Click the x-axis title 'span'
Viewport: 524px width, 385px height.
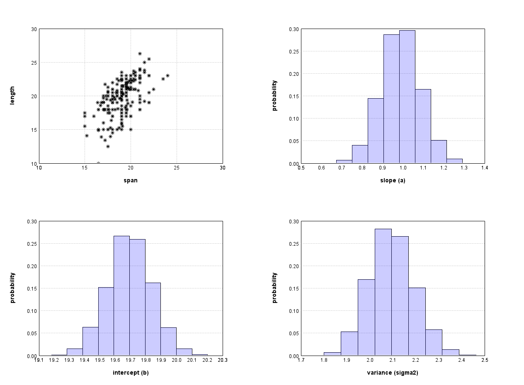click(x=131, y=180)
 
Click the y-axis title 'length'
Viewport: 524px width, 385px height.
click(x=12, y=96)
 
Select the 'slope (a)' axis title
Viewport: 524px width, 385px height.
click(x=393, y=180)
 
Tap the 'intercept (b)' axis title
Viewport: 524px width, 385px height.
click(x=131, y=373)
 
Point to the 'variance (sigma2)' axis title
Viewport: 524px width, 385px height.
click(x=393, y=373)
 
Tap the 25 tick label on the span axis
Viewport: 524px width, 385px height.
click(x=177, y=168)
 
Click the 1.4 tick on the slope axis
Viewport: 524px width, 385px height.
click(x=484, y=168)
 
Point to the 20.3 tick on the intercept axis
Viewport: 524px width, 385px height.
click(x=223, y=360)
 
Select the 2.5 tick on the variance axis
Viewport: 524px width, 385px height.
click(x=484, y=360)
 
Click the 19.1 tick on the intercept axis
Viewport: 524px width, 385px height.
click(x=39, y=360)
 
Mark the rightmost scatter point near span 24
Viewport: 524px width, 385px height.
click(x=167, y=75)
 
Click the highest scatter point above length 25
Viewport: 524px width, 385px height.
click(x=140, y=53)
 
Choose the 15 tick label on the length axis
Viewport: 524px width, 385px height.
click(x=34, y=130)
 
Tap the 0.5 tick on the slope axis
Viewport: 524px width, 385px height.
click(x=301, y=168)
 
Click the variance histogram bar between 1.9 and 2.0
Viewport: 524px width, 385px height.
click(x=349, y=344)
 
